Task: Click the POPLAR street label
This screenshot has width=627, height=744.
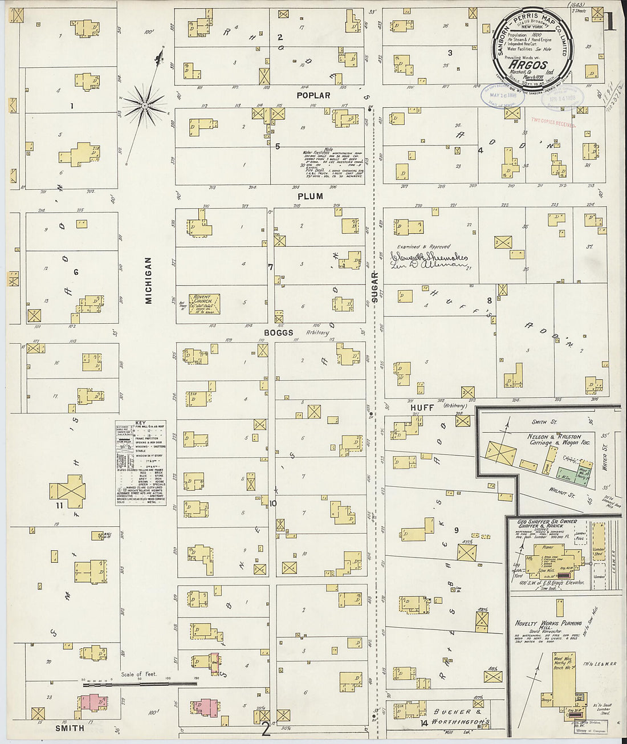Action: [313, 95]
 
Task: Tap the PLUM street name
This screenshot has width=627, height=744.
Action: [310, 196]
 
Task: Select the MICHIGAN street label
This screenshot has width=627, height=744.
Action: [148, 280]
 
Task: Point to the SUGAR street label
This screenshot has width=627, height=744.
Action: [374, 287]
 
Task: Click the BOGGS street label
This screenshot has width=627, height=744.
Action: [278, 332]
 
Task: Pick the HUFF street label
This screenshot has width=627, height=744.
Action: [422, 408]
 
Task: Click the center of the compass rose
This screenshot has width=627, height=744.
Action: [145, 105]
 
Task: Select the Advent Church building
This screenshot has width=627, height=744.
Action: [204, 304]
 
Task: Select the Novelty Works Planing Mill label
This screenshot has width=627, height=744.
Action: [548, 625]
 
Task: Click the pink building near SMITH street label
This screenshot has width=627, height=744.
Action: [93, 703]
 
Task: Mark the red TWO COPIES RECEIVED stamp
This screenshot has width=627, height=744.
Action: [552, 122]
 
